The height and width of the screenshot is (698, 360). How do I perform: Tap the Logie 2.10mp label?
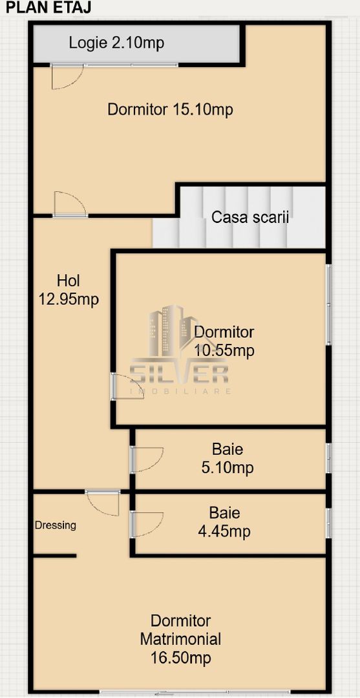pos(116,43)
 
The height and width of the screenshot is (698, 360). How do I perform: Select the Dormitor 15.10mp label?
pos(170,110)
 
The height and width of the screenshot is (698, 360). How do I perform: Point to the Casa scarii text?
pos(249,217)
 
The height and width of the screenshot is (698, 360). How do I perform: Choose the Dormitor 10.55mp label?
pos(224,341)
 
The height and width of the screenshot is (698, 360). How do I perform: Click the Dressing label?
pos(55,525)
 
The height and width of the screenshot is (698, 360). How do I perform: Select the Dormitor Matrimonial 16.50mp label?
pos(180,639)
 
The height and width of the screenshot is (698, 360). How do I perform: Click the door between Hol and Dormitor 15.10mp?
pos(70,204)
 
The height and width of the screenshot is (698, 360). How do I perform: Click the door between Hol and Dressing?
pos(103,502)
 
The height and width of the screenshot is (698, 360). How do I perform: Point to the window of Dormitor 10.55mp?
pos(328,304)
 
